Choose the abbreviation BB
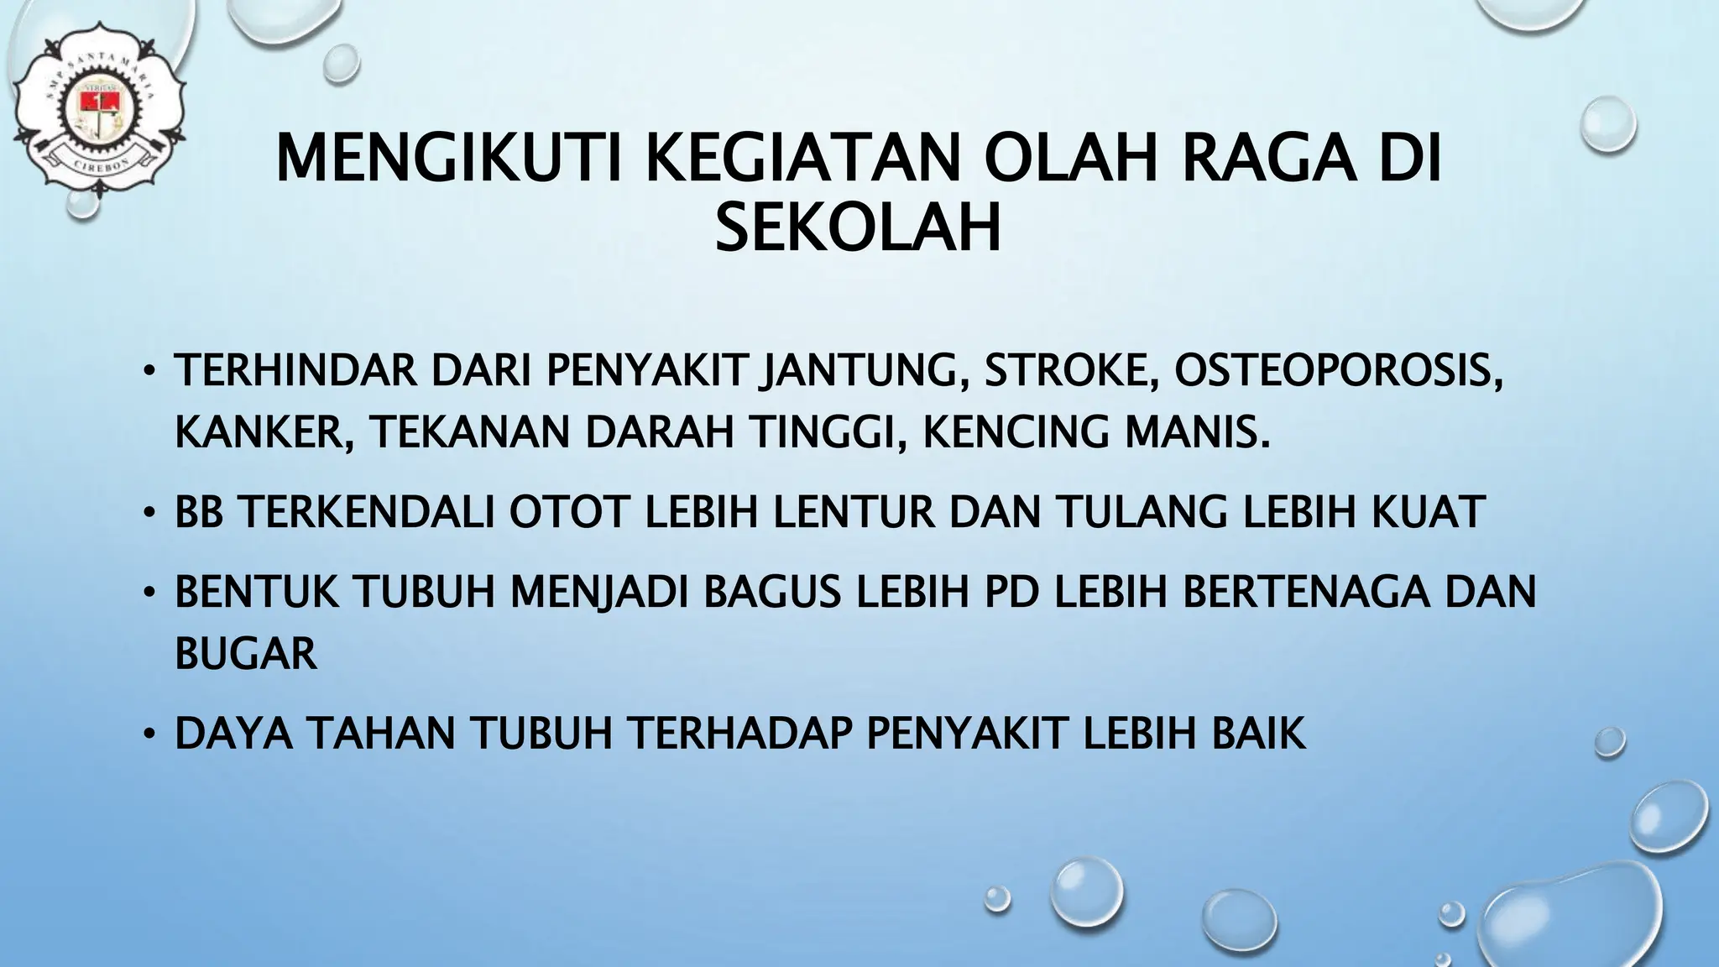click(198, 512)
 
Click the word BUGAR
click(246, 653)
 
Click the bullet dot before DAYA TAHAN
click(149, 734)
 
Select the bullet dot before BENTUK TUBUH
click(149, 593)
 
